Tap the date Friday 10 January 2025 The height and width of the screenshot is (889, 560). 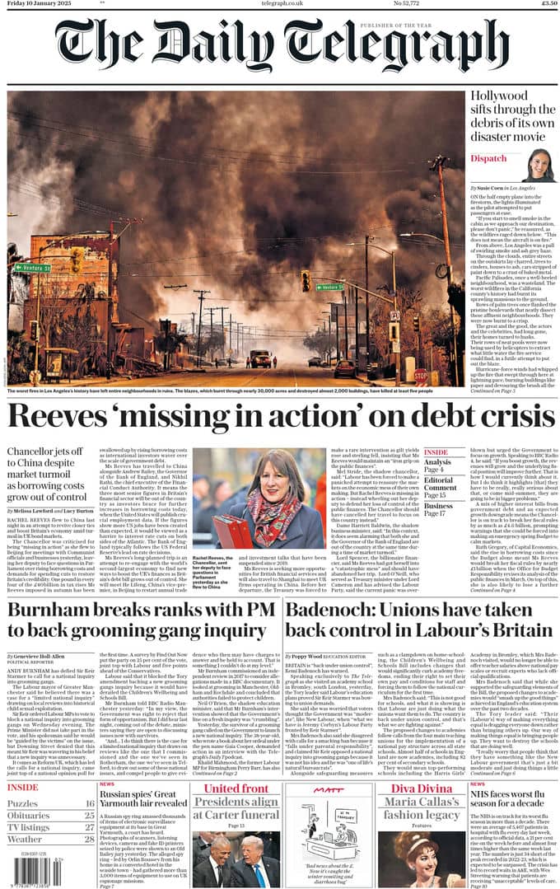click(38, 4)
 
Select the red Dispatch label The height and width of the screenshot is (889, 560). click(489, 158)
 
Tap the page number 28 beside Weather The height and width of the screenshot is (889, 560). click(89, 839)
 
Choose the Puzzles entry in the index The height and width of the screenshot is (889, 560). click(23, 804)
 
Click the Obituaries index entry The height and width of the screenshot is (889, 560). click(29, 816)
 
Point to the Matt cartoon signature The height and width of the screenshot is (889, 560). click(329, 788)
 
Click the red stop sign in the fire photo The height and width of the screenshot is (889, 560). click(421, 376)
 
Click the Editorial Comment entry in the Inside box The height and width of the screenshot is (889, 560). click(441, 489)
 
